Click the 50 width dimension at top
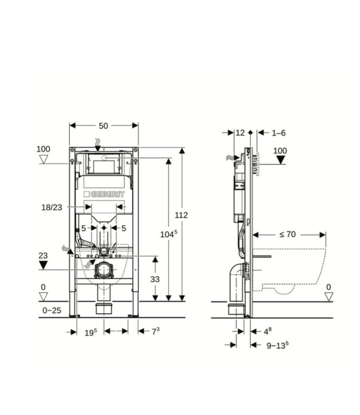click(x=104, y=126)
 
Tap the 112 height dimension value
click(x=181, y=215)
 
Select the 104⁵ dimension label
click(x=169, y=234)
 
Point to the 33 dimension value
click(x=155, y=279)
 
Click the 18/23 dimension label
click(x=52, y=207)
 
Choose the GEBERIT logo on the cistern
click(x=104, y=194)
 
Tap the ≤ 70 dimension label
click(x=287, y=234)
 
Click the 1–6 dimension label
click(x=279, y=133)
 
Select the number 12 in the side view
click(x=240, y=133)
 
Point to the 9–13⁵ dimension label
click(x=277, y=345)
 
